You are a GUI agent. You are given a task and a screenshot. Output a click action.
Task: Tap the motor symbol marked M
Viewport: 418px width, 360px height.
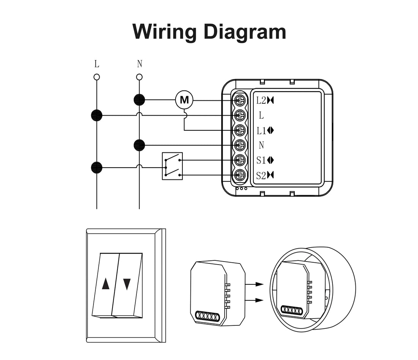coord(184,100)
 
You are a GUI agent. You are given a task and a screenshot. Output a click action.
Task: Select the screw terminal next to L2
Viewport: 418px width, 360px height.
coord(240,100)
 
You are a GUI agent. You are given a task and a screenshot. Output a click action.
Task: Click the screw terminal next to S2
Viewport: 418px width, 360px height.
coord(240,175)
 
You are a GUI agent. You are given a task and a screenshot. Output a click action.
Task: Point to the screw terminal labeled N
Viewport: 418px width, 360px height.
coord(240,145)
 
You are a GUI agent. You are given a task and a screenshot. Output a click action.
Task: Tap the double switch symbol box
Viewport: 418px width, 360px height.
coord(172,166)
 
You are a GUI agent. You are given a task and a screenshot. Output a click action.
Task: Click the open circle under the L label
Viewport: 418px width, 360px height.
coord(97,77)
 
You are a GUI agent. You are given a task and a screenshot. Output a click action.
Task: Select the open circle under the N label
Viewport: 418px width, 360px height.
coord(139,77)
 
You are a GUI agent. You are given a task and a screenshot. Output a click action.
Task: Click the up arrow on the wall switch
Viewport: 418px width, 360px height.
coord(106,284)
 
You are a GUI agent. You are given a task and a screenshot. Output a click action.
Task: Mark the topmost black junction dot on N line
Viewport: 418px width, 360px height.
coord(139,100)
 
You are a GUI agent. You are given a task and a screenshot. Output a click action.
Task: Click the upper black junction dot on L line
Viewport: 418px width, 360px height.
coord(97,115)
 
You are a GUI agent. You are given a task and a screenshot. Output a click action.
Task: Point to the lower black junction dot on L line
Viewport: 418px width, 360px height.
coord(97,167)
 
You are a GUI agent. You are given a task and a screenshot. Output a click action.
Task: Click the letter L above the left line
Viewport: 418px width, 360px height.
coord(97,63)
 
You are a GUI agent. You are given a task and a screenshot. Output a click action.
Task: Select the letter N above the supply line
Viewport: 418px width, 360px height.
coord(139,63)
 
